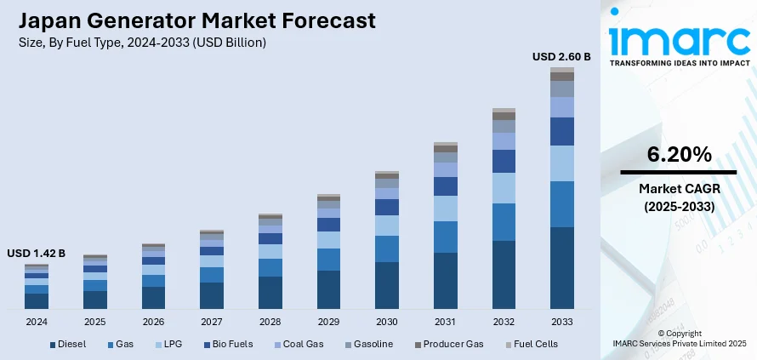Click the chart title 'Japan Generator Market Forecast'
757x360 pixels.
pos(196,20)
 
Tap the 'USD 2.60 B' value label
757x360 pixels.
pos(561,57)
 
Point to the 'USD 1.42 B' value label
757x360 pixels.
pos(36,254)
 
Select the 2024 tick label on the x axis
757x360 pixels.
pos(37,323)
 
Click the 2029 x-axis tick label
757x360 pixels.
pos(328,323)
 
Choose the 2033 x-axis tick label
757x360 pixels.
pos(561,323)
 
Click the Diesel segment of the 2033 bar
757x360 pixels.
pos(561,267)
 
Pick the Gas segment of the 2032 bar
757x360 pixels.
pos(504,222)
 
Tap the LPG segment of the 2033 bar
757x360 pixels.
pos(561,163)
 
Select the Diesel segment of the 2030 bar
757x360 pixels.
pos(387,285)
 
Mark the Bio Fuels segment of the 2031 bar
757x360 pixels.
pos(445,186)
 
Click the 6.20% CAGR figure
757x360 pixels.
pos(679,154)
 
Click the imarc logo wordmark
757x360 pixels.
pos(678,37)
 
